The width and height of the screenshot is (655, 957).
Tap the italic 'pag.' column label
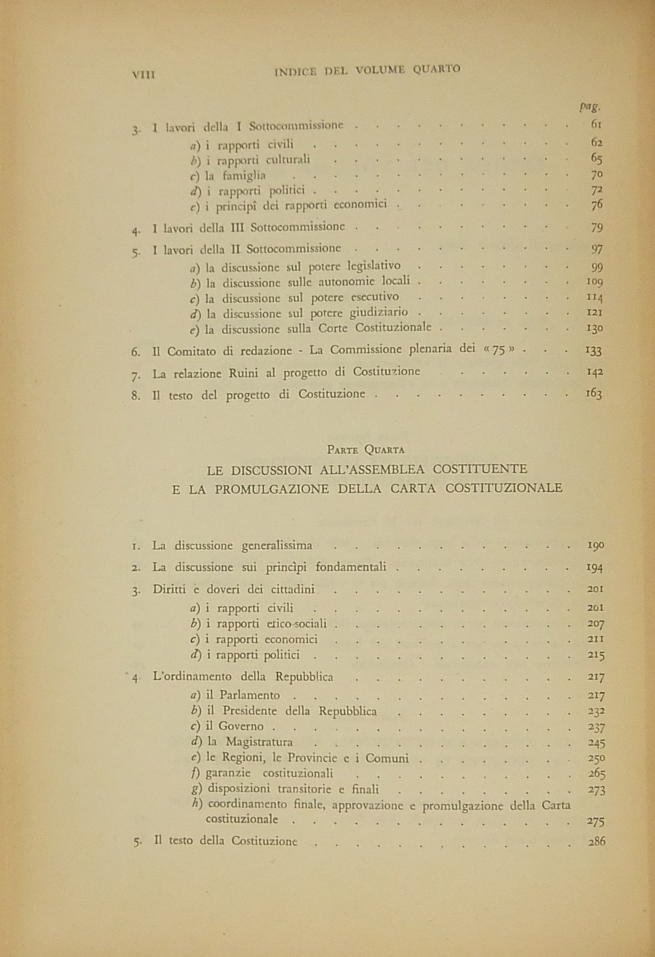click(x=590, y=106)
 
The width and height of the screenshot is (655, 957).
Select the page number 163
click(x=594, y=394)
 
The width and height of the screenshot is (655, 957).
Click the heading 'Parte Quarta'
click(x=365, y=449)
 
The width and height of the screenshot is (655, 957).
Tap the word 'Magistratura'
click(x=259, y=742)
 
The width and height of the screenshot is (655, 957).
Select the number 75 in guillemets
click(x=500, y=351)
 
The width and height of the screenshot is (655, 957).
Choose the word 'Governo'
click(x=241, y=727)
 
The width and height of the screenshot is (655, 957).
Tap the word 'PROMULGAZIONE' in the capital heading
click(x=272, y=488)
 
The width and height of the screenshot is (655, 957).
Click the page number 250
click(x=596, y=758)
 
